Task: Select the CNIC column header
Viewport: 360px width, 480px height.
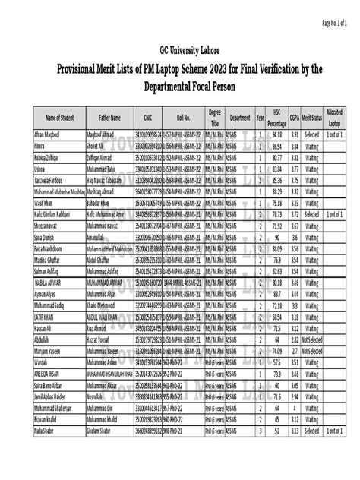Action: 143,118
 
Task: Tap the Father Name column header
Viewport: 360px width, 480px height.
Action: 105,118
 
